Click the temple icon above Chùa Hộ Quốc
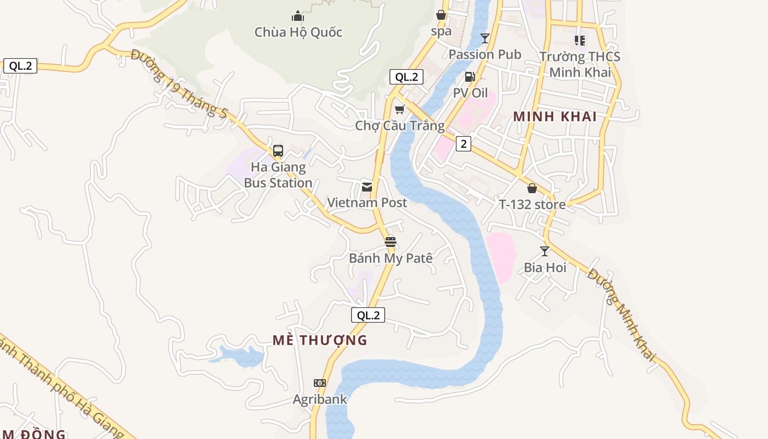click(298, 16)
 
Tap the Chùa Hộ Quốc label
click(298, 32)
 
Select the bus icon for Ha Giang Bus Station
click(278, 151)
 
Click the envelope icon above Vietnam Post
click(367, 187)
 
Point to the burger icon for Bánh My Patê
click(391, 242)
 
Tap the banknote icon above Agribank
click(320, 383)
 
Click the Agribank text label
click(320, 399)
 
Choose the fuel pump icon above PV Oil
click(470, 77)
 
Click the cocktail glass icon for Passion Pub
click(485, 38)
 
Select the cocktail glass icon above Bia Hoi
click(545, 251)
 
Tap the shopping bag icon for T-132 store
click(532, 189)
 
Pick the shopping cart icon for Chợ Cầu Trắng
click(400, 110)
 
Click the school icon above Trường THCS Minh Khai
click(580, 40)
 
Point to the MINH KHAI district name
click(555, 116)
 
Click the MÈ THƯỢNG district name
click(320, 340)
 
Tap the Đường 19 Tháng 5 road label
click(179, 83)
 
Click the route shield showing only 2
click(464, 144)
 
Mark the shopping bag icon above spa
click(441, 15)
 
